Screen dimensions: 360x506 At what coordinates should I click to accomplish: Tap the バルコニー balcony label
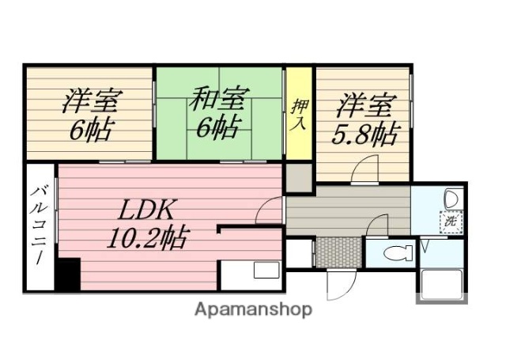coord(38,225)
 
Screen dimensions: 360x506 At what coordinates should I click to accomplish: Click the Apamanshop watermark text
coord(253,309)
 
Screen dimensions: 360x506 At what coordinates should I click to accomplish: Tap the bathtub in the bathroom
coord(441,283)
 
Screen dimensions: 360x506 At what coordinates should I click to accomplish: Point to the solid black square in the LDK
coord(66,275)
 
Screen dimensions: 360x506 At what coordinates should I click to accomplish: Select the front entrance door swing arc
coord(340,283)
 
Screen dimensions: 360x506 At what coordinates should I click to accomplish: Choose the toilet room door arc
coord(378,227)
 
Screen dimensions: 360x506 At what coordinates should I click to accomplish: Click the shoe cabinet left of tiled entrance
coord(299,253)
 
